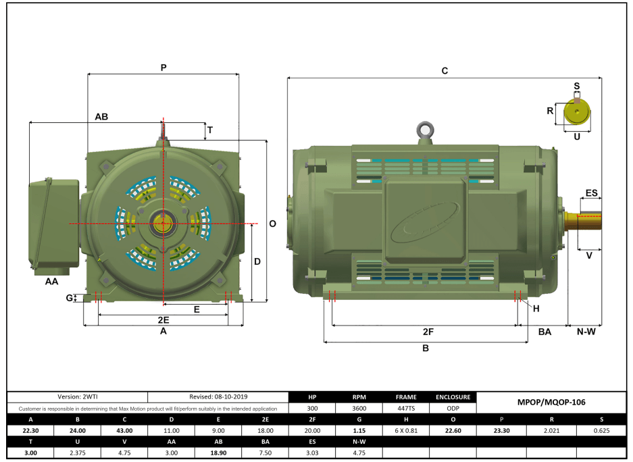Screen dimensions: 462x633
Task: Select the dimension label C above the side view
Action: click(445, 70)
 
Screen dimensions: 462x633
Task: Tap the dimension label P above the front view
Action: click(163, 68)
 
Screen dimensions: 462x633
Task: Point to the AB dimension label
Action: click(101, 117)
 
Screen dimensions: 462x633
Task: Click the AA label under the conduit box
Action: click(51, 280)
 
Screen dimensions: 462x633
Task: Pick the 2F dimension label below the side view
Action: click(428, 332)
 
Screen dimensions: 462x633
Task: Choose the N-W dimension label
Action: click(585, 332)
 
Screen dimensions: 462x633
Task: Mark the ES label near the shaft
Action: click(591, 193)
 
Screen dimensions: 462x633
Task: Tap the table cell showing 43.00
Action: click(124, 430)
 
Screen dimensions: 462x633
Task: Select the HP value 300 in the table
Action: click(312, 408)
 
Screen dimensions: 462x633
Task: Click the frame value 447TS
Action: click(406, 408)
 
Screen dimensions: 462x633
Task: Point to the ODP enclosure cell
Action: click(453, 408)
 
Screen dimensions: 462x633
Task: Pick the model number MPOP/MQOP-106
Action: click(552, 402)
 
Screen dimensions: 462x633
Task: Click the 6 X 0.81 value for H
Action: click(406, 430)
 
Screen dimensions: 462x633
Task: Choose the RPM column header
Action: click(359, 397)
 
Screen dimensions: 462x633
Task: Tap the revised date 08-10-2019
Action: click(218, 397)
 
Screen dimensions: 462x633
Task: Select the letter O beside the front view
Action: click(272, 224)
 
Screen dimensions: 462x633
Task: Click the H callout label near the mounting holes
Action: click(536, 309)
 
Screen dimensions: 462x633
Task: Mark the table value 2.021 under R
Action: click(552, 430)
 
